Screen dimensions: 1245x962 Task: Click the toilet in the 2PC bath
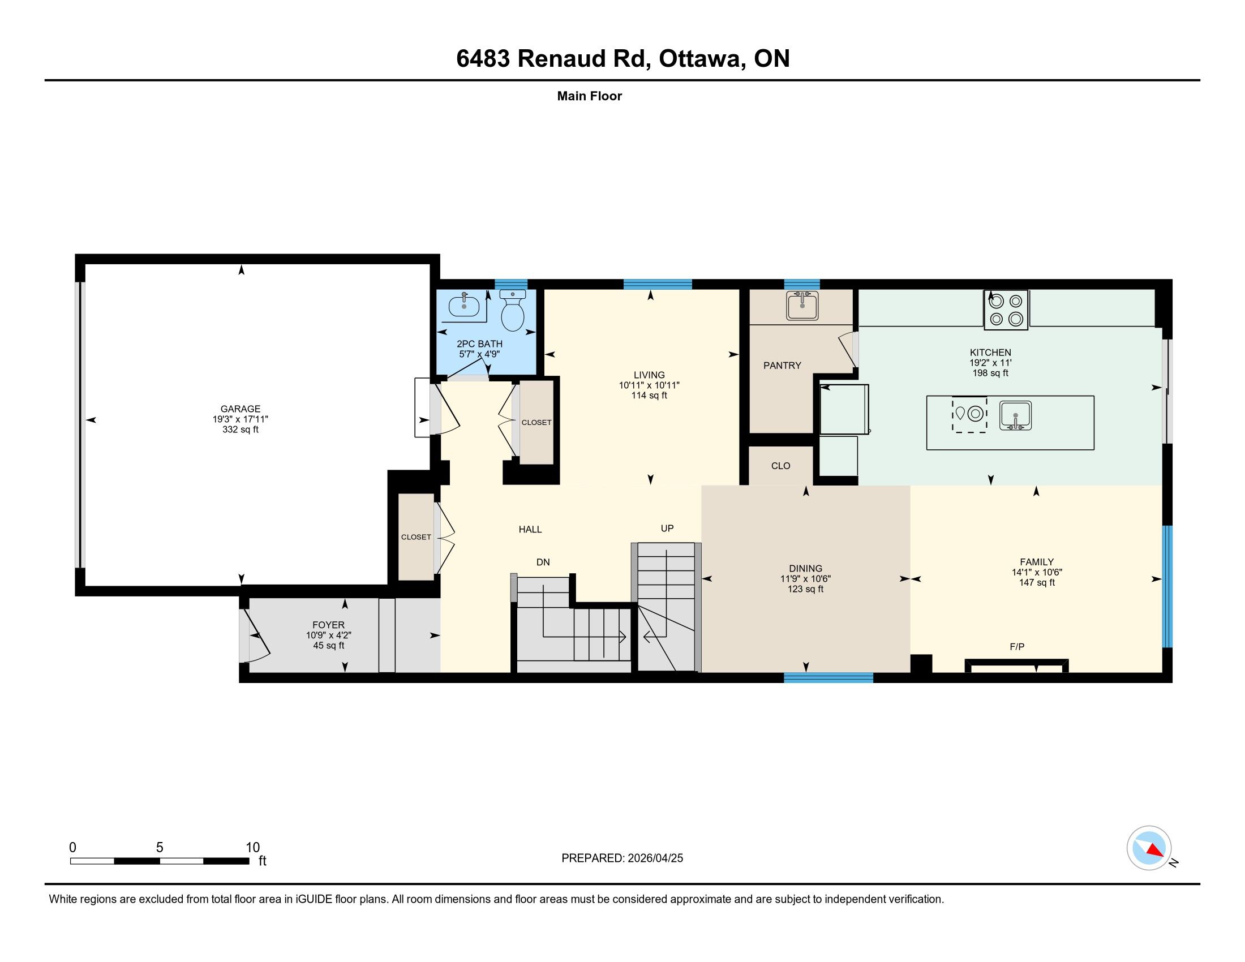point(513,311)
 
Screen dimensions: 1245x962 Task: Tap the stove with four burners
point(1006,310)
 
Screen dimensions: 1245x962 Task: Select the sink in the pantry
point(802,306)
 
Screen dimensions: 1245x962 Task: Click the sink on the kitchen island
point(1015,415)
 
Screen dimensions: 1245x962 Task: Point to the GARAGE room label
point(241,409)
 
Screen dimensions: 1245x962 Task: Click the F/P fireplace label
point(1017,646)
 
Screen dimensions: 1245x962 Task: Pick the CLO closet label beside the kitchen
point(780,466)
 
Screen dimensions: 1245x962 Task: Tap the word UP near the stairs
point(667,529)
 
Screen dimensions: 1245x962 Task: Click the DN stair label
point(543,562)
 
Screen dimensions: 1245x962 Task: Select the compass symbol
point(1149,848)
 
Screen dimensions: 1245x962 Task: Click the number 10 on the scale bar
point(252,848)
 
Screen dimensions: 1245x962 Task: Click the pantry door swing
point(848,348)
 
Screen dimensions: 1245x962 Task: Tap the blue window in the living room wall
point(657,285)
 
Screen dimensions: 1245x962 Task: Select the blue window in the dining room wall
point(828,677)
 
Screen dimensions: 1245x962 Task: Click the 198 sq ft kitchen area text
point(990,373)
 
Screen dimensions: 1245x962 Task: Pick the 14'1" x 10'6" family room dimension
point(1036,572)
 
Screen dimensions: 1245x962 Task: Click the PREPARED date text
point(622,858)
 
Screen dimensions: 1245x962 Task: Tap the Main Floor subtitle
point(590,96)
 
